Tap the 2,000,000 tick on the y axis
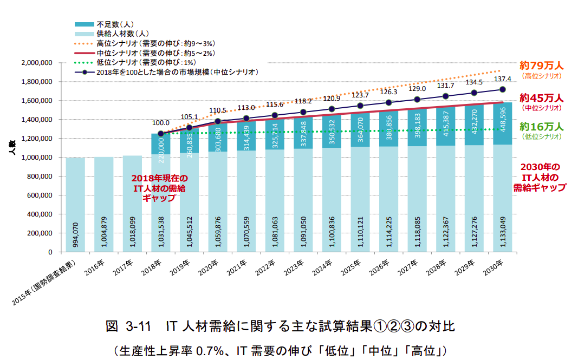click(x=37, y=63)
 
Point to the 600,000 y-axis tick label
click(x=40, y=195)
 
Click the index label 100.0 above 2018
click(x=161, y=123)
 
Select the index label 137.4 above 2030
click(x=502, y=79)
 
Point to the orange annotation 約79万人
click(x=542, y=66)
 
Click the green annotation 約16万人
click(x=542, y=127)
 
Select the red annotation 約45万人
click(x=542, y=98)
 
